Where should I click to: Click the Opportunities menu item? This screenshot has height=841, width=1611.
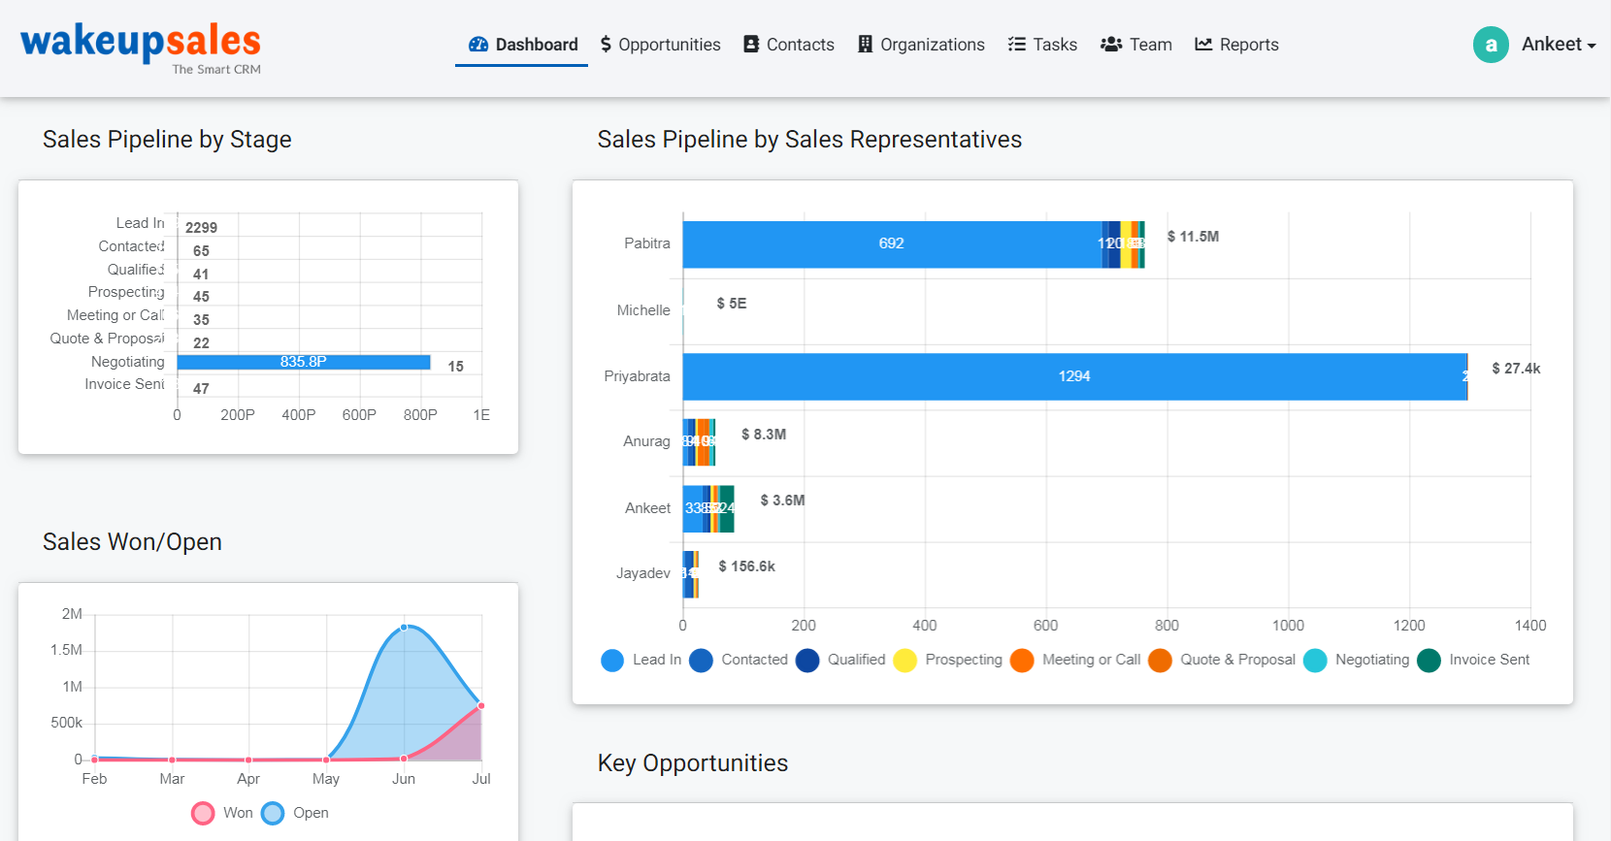coord(660,45)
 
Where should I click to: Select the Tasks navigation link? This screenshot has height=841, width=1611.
coord(1042,45)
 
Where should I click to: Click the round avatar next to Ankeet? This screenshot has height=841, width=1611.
coord(1491,45)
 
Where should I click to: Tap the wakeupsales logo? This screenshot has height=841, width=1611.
coord(141,45)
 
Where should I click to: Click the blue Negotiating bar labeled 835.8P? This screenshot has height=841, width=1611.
coord(303,362)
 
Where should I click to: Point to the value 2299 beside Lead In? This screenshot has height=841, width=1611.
coord(201,228)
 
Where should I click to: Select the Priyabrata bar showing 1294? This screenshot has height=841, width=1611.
coord(1073,376)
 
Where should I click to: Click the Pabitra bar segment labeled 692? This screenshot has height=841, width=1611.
coord(891,244)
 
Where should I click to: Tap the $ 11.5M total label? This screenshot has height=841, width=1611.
coord(1193,237)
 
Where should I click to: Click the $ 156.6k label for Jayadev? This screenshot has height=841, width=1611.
coord(746,566)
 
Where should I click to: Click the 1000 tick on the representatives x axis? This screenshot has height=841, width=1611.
coord(1288,626)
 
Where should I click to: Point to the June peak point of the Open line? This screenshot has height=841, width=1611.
coord(405,628)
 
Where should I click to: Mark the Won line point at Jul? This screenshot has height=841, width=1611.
coord(481,706)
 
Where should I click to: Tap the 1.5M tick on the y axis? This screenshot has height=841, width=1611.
coord(66,650)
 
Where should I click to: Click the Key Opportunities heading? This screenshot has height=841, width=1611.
coord(692,763)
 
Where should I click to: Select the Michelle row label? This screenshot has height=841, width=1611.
coord(643,310)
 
